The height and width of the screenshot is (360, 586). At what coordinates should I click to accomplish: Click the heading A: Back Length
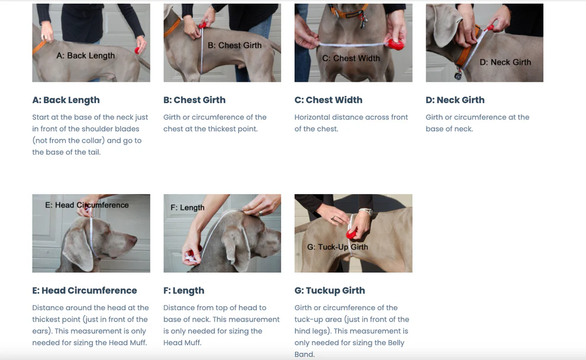(x=66, y=100)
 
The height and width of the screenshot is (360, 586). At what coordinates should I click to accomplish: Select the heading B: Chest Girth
(x=194, y=100)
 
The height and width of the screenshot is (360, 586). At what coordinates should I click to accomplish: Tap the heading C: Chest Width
(x=329, y=100)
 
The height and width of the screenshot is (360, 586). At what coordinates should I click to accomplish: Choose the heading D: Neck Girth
(x=455, y=100)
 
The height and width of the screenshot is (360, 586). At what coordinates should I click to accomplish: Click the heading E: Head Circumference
(x=85, y=291)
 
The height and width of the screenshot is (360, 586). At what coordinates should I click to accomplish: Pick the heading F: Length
(x=184, y=291)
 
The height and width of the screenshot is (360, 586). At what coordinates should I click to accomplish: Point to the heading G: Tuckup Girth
(x=330, y=291)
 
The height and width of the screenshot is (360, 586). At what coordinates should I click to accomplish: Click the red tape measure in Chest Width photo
(x=396, y=44)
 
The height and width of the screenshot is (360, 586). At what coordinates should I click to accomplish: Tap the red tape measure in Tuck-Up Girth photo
(x=351, y=234)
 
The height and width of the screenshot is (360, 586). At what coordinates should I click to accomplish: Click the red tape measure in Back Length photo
(x=137, y=50)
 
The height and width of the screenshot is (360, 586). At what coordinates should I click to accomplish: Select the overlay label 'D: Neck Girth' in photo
(x=505, y=62)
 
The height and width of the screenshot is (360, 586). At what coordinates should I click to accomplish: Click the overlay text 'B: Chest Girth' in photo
(x=235, y=46)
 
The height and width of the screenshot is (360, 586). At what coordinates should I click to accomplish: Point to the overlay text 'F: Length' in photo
(x=187, y=207)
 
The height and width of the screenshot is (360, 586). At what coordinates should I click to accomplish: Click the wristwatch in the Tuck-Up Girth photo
(x=366, y=211)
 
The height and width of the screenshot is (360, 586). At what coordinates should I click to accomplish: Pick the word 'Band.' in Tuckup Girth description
(x=305, y=355)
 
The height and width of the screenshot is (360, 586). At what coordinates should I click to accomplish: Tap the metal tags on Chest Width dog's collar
(x=362, y=22)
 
